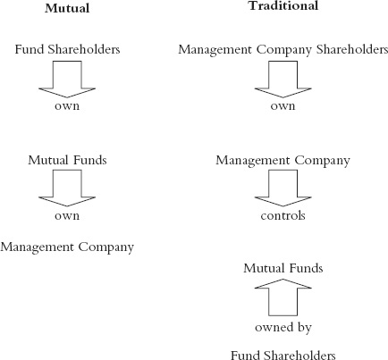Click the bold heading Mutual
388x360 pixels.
(67, 8)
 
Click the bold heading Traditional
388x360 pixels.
(283, 5)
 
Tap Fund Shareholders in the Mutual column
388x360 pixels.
(67, 49)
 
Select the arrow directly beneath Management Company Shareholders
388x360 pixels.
(283, 80)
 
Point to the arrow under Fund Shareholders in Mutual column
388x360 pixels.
(67, 80)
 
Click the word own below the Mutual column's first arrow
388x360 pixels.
(67, 106)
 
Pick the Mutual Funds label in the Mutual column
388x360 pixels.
(67, 160)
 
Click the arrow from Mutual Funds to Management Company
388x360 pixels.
(67, 188)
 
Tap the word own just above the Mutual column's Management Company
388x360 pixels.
(67, 216)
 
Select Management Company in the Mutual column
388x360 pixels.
(67, 247)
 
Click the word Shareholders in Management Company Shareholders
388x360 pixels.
(352, 49)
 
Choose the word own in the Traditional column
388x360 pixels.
(283, 106)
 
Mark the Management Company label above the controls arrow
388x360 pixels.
(283, 161)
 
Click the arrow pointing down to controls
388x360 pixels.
(283, 188)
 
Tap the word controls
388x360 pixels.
(283, 215)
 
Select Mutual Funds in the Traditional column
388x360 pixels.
(283, 268)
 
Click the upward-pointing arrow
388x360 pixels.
(283, 297)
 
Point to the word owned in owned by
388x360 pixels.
(273, 327)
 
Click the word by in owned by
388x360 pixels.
(303, 328)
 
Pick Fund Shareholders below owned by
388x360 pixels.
(283, 356)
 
